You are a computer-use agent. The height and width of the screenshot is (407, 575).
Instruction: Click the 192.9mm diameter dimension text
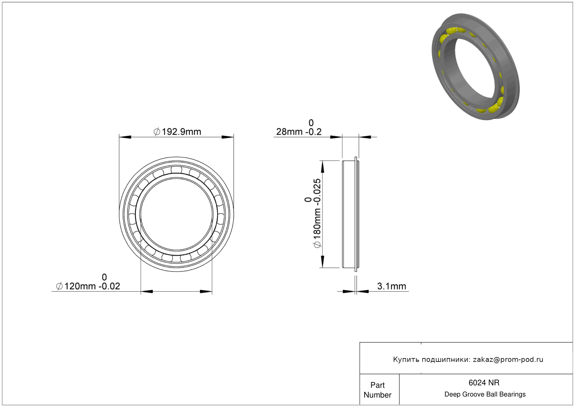(x=177, y=132)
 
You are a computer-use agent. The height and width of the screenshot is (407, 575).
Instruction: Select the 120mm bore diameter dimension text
(x=88, y=282)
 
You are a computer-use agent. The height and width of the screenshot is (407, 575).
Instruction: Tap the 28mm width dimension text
(x=299, y=127)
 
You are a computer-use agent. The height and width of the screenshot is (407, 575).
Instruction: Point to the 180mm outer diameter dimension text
(x=313, y=213)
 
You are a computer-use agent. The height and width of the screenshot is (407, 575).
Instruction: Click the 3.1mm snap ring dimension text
(x=392, y=286)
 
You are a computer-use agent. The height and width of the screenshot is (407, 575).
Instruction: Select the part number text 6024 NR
(x=484, y=383)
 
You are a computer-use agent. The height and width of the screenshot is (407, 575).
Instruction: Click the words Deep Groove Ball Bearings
(x=485, y=394)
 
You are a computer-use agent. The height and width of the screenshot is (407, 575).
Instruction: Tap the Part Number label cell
(x=377, y=390)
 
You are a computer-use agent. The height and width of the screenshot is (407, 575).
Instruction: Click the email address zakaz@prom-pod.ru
(x=508, y=359)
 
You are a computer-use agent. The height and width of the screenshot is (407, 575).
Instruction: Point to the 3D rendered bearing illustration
(x=476, y=66)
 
